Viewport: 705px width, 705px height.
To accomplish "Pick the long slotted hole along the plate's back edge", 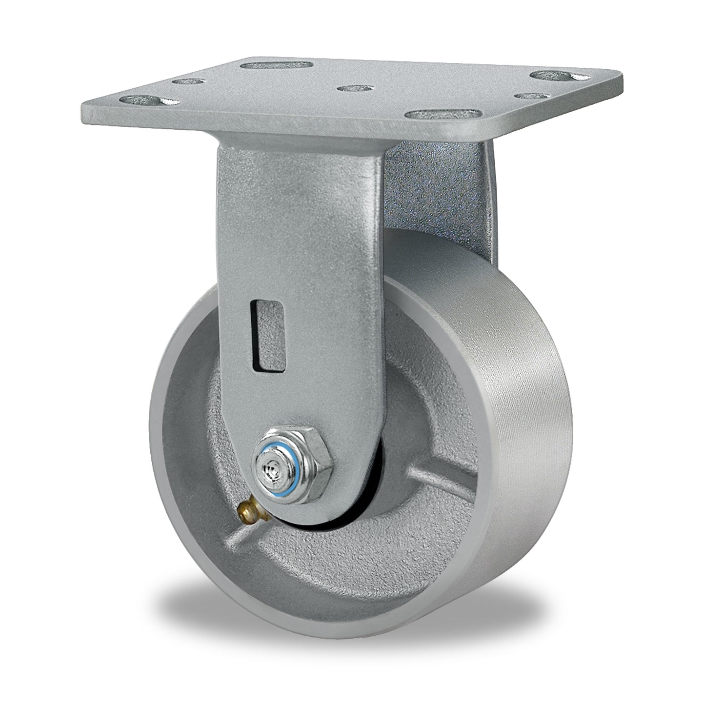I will point(277,64).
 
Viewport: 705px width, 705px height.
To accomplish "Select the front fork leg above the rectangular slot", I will point(298,220).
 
